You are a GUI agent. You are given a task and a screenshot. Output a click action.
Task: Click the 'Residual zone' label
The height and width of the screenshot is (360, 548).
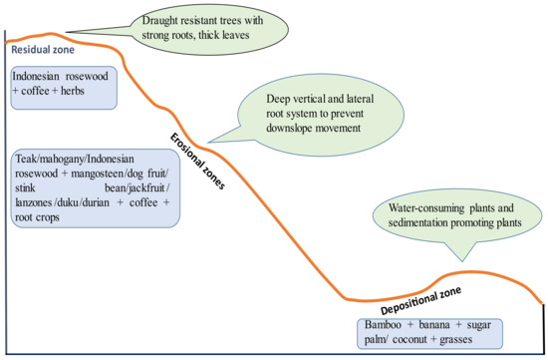click(41, 47)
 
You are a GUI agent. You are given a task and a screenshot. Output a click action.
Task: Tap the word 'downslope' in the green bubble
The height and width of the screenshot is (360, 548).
click(289, 132)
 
